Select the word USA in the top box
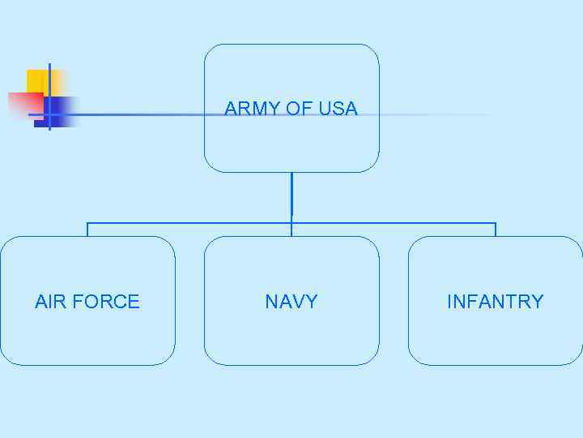pyautogui.click(x=338, y=109)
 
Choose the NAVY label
pyautogui.click(x=291, y=302)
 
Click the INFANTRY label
pyautogui.click(x=495, y=302)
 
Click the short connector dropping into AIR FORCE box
pyautogui.click(x=87, y=230)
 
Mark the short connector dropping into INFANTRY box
pyautogui.click(x=496, y=230)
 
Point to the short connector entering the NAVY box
pyautogui.click(x=291, y=230)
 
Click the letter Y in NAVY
pyautogui.click(x=312, y=302)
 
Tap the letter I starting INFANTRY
pyautogui.click(x=449, y=302)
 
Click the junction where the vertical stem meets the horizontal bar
pyautogui.click(x=291, y=222)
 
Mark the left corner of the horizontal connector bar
pyautogui.click(x=87, y=222)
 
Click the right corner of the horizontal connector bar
pyautogui.click(x=496, y=222)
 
